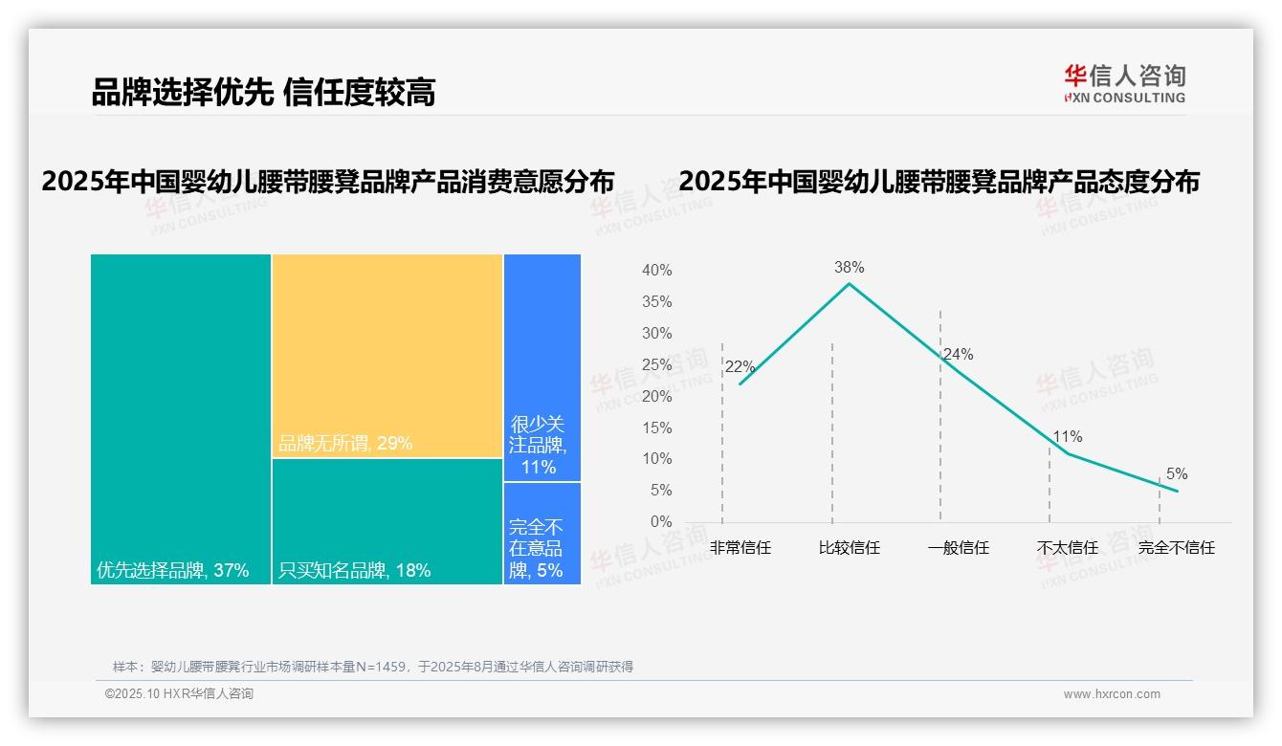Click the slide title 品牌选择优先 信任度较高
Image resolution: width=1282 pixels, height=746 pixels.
[x=263, y=93]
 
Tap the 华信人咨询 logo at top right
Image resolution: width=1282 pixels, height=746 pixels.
[x=1124, y=83]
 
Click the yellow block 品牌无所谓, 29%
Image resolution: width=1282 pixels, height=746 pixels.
[x=387, y=355]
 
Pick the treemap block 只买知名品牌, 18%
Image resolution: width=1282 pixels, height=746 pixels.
[x=387, y=521]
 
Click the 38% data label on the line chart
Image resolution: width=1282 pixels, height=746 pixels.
[x=849, y=268]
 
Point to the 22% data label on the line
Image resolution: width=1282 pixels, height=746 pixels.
[x=740, y=367]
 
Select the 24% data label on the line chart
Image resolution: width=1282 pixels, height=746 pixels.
[x=958, y=355]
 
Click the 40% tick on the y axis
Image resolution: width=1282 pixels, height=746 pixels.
[x=656, y=271]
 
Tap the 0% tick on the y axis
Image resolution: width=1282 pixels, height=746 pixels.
[x=661, y=522]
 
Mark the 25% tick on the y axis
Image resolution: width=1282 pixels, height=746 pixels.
[x=656, y=365]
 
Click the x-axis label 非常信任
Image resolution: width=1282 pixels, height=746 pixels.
[x=740, y=548]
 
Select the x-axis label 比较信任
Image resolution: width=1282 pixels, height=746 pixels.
[x=849, y=548]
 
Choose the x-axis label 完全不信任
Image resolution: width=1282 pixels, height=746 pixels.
[x=1176, y=548]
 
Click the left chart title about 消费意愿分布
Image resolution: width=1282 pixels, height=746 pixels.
[x=328, y=182]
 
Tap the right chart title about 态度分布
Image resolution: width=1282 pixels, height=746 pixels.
[x=939, y=182]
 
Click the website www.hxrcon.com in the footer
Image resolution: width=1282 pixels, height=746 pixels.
[x=1112, y=694]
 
